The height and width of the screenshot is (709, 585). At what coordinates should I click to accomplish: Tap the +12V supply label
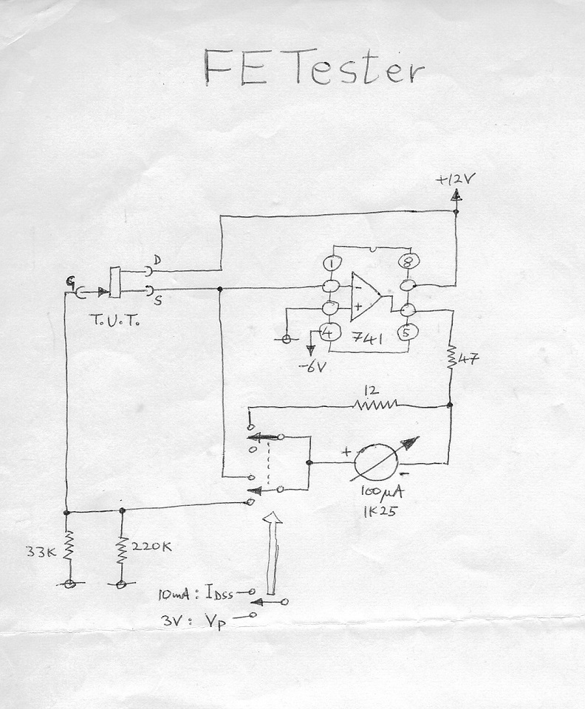tap(455, 179)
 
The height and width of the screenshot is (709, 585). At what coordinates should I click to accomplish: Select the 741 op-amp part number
tap(368, 338)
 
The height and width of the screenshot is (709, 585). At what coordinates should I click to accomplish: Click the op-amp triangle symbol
tap(366, 297)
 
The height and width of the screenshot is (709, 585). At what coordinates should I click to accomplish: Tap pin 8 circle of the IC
tap(408, 261)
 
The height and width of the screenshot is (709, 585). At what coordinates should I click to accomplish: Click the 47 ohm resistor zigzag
tap(451, 357)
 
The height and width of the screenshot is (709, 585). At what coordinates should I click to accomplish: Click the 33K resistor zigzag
tap(68, 546)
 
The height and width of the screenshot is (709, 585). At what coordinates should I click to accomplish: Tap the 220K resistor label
tap(151, 547)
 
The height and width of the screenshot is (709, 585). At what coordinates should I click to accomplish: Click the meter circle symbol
tap(376, 465)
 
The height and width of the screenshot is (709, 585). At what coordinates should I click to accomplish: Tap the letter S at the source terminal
tap(158, 301)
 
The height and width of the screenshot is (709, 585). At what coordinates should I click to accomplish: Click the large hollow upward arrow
tap(273, 552)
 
